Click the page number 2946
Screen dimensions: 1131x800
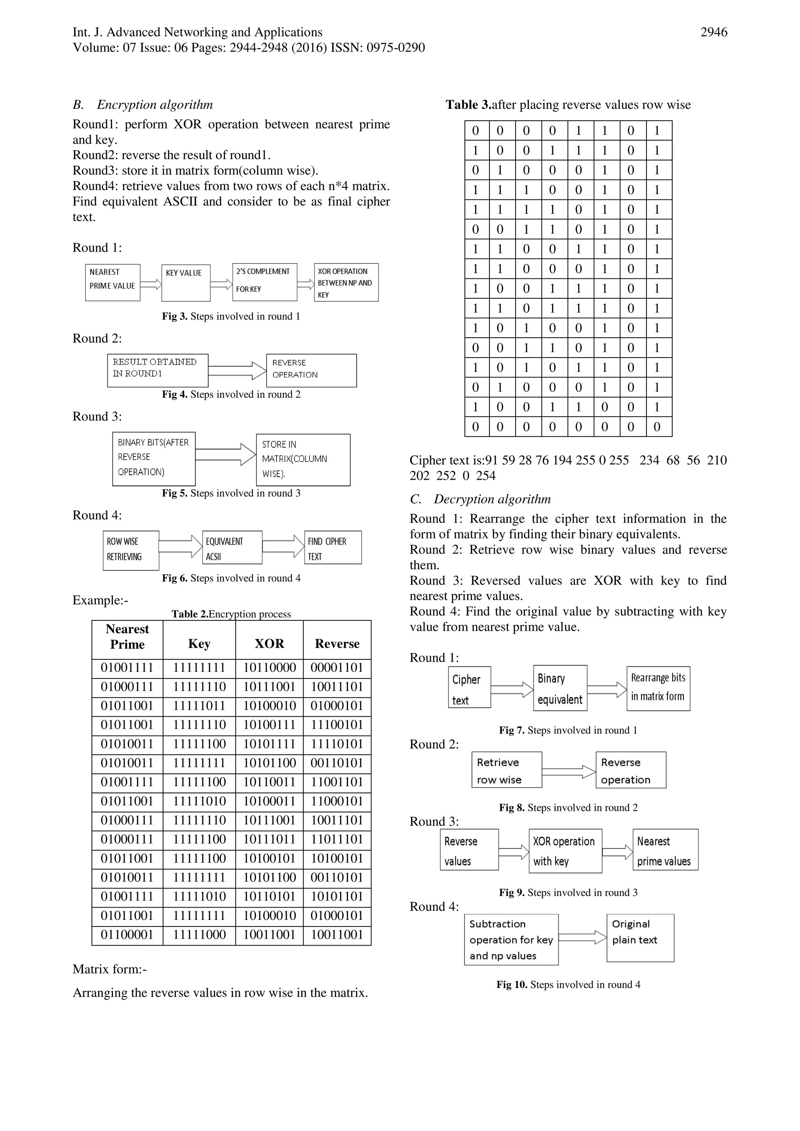[x=713, y=32]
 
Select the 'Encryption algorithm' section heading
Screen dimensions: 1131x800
[x=155, y=105]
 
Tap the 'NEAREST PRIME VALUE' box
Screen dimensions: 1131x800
[x=112, y=282]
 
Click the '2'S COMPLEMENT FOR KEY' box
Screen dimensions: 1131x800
[x=265, y=282]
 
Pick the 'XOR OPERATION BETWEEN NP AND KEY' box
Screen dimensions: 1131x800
[x=346, y=282]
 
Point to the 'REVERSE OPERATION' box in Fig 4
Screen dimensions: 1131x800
[x=311, y=370]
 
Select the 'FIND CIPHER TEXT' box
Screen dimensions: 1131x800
[x=333, y=547]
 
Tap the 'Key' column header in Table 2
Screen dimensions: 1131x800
[x=199, y=643]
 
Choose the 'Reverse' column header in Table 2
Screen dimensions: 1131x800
[x=337, y=643]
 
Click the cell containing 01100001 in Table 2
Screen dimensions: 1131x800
[x=127, y=935]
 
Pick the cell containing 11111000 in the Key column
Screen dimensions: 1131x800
[x=199, y=935]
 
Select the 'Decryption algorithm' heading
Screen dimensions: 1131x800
[x=492, y=499]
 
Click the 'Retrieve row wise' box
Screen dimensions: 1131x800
[x=506, y=770]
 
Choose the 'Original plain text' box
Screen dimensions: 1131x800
[x=640, y=937]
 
